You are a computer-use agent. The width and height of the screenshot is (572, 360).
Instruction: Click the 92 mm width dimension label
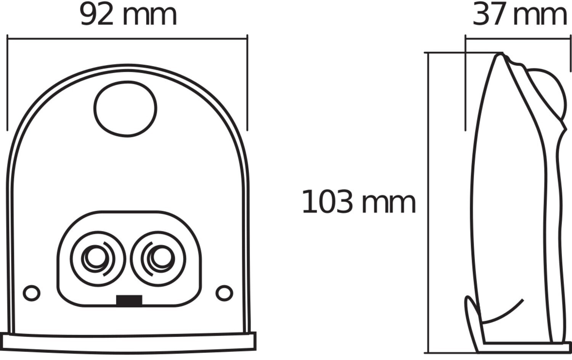[x=128, y=15]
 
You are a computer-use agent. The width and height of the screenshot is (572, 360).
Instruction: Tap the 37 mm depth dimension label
[x=520, y=15]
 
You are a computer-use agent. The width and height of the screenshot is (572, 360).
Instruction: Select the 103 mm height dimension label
[x=358, y=202]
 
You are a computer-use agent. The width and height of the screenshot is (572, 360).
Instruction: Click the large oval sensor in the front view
[x=125, y=109]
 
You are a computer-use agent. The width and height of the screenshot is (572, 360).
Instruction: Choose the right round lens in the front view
[x=158, y=258]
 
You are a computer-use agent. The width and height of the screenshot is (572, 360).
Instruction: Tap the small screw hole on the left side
[x=32, y=293]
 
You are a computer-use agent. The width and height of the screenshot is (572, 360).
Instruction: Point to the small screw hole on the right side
[x=224, y=293]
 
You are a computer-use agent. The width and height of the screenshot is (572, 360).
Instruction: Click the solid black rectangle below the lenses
[x=129, y=301]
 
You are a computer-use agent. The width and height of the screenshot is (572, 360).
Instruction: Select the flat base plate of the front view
[x=128, y=341]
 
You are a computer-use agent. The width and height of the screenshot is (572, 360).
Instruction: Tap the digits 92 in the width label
[x=97, y=15]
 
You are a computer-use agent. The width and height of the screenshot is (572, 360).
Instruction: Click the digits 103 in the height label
[x=327, y=202]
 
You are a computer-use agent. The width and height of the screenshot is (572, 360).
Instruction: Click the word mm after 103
[x=388, y=204]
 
